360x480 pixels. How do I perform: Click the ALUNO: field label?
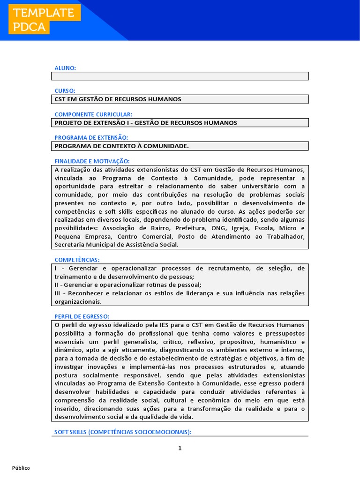coord(65,68)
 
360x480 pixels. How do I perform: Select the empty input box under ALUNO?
coord(180,76)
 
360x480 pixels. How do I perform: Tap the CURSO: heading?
coord(65,91)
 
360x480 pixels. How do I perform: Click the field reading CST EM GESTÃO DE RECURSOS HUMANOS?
coord(180,99)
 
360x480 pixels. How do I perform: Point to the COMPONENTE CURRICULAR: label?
coord(93,114)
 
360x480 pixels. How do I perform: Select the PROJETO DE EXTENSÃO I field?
coord(180,123)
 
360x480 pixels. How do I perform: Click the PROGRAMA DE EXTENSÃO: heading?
coord(91,137)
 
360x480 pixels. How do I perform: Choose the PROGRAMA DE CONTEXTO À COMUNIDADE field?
coord(180,146)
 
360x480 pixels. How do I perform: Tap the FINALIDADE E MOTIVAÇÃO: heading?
coord(92,161)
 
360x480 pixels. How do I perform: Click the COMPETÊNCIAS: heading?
coord(77,260)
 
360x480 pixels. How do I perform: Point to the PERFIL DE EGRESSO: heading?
coord(82,316)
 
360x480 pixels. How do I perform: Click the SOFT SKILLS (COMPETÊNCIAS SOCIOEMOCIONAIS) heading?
coord(123,432)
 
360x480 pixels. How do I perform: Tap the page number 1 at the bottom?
coord(180,448)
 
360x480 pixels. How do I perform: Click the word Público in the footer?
coord(21,468)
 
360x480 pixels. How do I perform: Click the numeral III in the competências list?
coord(58,293)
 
